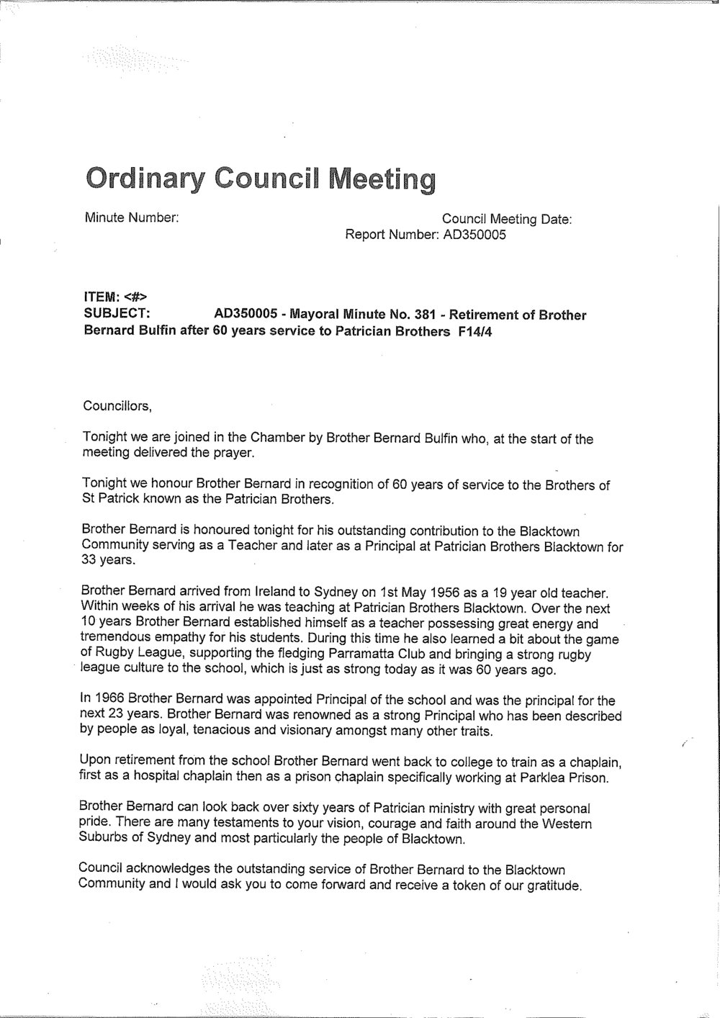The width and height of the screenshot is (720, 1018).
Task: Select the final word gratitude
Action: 552,885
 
